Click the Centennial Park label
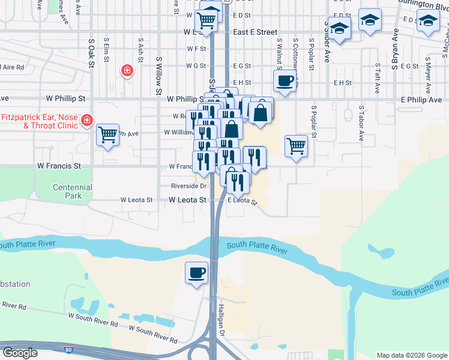[72, 191]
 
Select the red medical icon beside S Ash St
[127, 71]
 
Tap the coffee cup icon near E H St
[285, 80]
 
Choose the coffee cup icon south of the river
[196, 273]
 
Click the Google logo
[20, 353]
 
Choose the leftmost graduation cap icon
[339, 29]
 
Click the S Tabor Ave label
[361, 124]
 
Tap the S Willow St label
[159, 76]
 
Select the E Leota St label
[242, 201]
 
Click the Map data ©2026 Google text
[412, 355]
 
